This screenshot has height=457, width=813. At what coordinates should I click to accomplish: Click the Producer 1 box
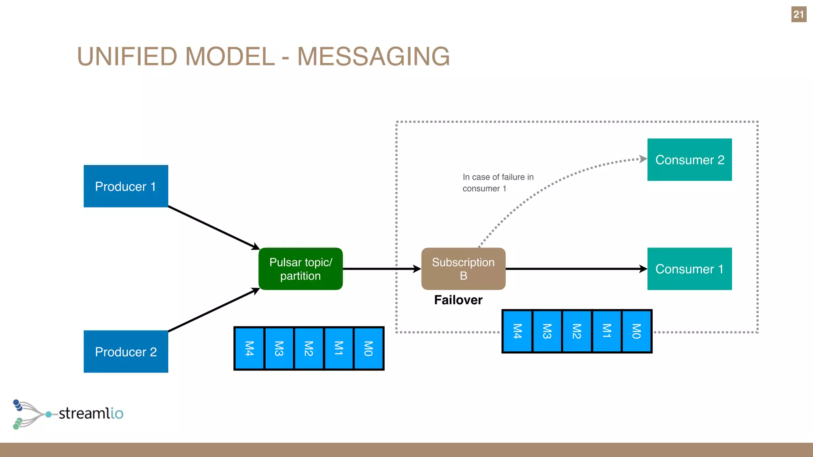pos(126,186)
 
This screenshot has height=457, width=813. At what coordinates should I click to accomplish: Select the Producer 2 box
pos(126,351)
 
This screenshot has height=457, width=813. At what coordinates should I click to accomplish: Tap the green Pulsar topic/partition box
pos(301,269)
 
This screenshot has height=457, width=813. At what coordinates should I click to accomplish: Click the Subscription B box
pos(463,269)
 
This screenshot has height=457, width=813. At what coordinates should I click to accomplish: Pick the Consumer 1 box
pos(690,269)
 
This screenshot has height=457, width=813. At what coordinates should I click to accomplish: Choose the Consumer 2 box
pos(690,159)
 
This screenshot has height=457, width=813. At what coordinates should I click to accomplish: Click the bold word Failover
pos(458,300)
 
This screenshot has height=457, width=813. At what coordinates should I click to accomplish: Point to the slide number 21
pos(799,15)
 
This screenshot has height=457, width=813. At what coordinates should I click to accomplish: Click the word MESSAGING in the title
pos(374,56)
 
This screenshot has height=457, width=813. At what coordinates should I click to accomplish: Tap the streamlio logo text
pos(91,413)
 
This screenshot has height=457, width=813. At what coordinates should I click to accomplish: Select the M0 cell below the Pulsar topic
pos(368,348)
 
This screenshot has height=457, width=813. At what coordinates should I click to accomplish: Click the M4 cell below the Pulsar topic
pos(249,348)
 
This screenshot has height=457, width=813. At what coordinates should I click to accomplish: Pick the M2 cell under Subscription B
pos(577,331)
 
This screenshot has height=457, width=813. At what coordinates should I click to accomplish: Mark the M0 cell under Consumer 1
pos(636,331)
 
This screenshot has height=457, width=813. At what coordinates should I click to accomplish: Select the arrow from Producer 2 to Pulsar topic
pos(214,310)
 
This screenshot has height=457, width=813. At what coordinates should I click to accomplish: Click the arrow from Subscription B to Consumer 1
pos(576,269)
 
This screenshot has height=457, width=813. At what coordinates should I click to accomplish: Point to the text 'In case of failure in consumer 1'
pos(498,182)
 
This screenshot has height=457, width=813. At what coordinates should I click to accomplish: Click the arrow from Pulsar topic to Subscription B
pos(381,269)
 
